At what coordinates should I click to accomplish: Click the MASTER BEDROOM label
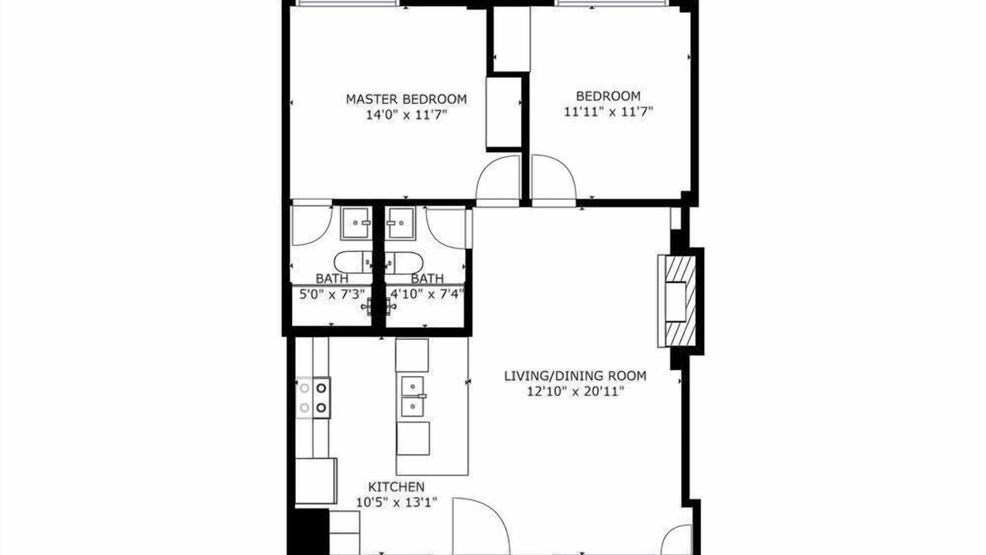pos(406,99)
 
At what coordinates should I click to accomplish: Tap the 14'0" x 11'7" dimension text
pos(406,115)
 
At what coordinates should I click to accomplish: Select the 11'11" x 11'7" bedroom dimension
pos(609,112)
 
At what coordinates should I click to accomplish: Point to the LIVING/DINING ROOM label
pos(575,375)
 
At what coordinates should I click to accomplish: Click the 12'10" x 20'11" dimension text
pos(575,391)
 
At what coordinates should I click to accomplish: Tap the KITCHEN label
pos(396,486)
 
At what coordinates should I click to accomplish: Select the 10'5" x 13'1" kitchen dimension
pos(396,502)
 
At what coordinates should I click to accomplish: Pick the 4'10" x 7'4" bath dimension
pos(428,294)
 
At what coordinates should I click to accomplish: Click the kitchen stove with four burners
pos(313,398)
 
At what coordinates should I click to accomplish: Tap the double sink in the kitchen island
pos(413,397)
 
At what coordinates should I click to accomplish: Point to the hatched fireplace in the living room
pos(680,301)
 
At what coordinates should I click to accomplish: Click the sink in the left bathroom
pos(356,224)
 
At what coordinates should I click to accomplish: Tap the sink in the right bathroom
pos(401,224)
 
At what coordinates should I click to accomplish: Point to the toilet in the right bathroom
pos(404,262)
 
